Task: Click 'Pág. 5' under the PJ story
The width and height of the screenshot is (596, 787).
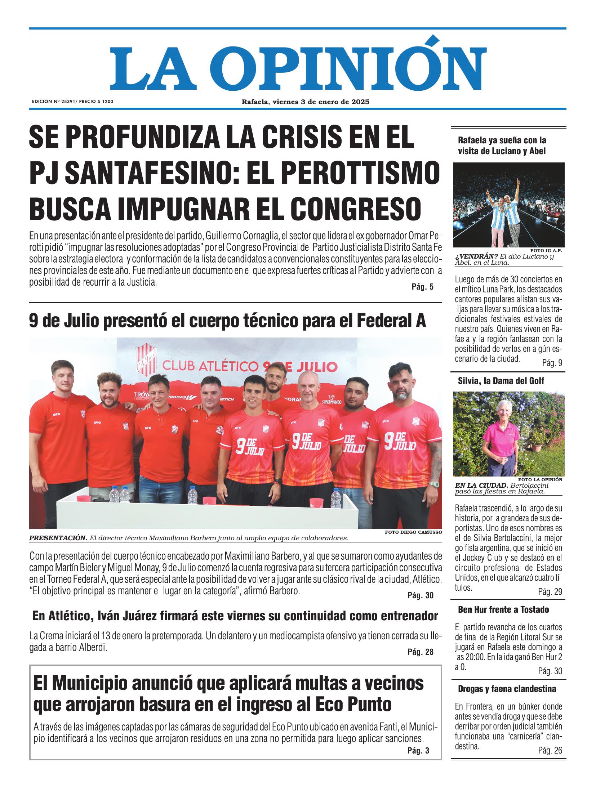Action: point(422,287)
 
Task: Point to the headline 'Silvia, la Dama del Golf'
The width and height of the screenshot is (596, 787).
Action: point(501,381)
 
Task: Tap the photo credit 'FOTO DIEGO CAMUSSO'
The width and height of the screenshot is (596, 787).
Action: point(413,532)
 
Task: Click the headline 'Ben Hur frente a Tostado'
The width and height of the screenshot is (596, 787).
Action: point(503,610)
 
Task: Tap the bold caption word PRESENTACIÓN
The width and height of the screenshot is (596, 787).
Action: point(58,538)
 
